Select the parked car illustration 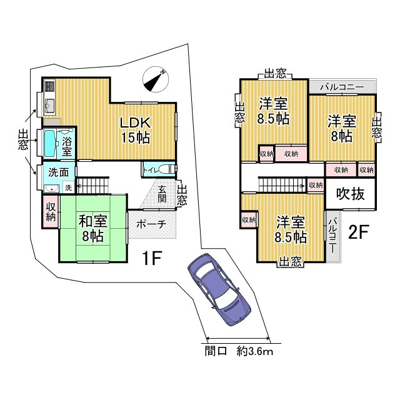coord(219,292)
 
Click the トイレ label coord(151,169)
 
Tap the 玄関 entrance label coord(162,194)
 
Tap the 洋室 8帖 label coord(342,128)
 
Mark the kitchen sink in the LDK coord(50,104)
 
